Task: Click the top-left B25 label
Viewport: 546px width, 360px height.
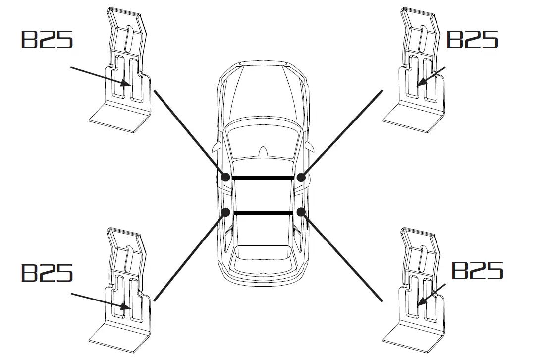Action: [x=47, y=39]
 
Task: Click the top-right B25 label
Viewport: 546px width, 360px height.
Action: [x=472, y=39]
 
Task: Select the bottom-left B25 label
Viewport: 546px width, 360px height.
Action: [x=47, y=272]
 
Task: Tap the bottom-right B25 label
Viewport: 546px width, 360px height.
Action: [x=477, y=270]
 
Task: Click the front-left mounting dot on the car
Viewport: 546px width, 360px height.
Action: [x=225, y=177]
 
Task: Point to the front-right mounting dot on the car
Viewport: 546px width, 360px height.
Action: [x=300, y=177]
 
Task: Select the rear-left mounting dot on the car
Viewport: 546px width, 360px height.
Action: [x=225, y=212]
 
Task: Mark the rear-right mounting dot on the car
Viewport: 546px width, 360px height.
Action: [x=300, y=212]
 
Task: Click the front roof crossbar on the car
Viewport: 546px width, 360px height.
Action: [x=263, y=178]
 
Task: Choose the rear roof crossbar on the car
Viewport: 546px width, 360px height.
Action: [x=263, y=213]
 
